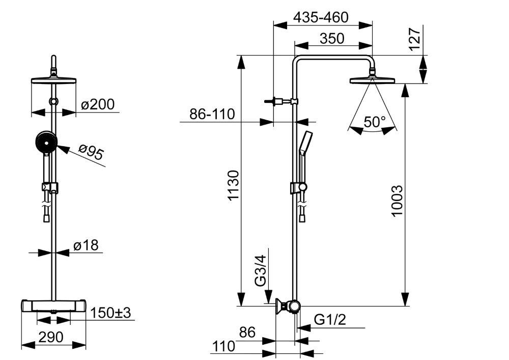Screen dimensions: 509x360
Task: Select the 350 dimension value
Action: point(332,39)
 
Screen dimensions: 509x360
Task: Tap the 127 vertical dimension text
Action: point(415,39)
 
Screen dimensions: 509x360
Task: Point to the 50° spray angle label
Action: point(374,122)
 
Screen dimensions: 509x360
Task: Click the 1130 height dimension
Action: point(234,186)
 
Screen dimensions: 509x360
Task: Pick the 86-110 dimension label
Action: point(212,114)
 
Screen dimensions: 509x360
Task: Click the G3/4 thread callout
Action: point(260,271)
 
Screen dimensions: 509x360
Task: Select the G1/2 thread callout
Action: point(330,320)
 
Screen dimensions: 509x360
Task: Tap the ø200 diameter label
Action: point(98,104)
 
